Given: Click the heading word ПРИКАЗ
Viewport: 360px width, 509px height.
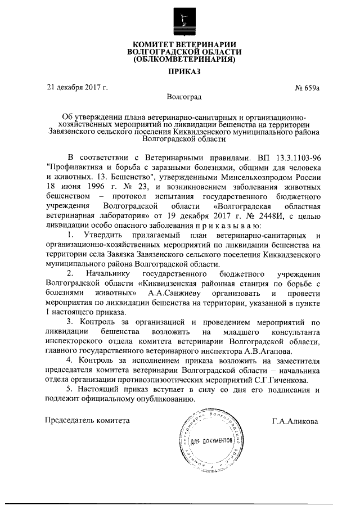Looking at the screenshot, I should pos(183,72).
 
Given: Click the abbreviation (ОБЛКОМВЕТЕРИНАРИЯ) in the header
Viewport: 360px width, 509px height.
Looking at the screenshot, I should pos(183,59).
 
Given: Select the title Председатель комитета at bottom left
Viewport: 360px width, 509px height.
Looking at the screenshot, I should pos(88,420).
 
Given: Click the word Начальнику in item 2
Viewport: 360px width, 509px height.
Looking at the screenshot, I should pos(106,273).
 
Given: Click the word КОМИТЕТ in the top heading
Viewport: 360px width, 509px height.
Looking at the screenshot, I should pos(154,44).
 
